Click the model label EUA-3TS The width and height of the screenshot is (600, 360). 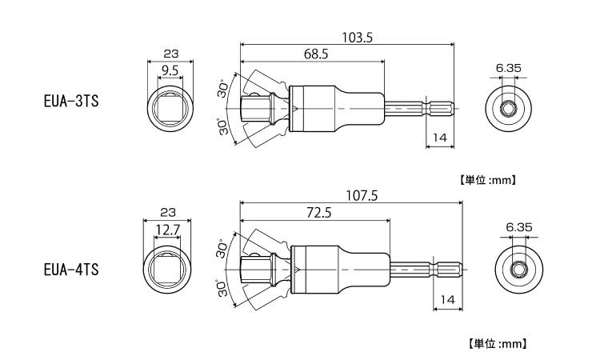point(71,102)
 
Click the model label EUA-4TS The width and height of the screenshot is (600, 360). point(71,270)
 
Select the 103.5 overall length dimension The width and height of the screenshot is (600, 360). point(357,38)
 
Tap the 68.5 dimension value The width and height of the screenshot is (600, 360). point(316,54)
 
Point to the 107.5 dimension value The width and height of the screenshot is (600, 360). point(362,196)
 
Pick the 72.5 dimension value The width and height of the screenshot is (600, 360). point(319,213)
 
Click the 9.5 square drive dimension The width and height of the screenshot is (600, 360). point(170,70)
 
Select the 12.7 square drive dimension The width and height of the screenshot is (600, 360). point(167,230)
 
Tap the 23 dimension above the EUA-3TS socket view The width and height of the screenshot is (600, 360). point(170,54)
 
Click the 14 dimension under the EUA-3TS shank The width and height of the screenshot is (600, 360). point(440,138)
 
